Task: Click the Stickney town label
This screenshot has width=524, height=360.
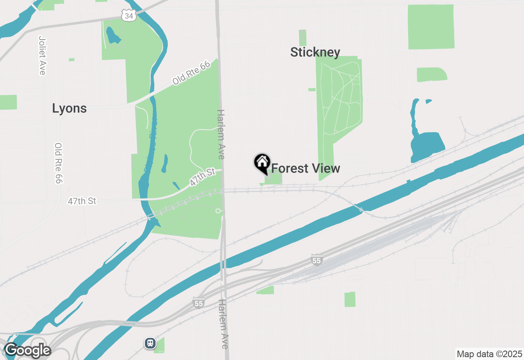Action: click(315, 52)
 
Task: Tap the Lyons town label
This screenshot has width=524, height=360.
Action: click(69, 108)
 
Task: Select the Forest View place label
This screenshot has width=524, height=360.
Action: click(305, 168)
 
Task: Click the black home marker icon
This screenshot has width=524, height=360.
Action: click(262, 162)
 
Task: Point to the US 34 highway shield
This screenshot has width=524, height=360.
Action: click(129, 16)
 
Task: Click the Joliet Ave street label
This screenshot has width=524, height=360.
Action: click(42, 55)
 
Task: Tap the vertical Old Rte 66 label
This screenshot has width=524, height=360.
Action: click(58, 163)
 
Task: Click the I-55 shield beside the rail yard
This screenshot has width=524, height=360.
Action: click(316, 260)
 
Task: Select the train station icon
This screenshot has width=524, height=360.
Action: click(150, 343)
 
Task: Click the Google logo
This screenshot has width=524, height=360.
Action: click(27, 351)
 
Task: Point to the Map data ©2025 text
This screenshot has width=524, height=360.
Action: click(489, 354)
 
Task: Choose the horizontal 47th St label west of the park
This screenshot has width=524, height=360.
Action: click(82, 201)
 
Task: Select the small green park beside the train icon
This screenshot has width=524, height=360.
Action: click(160, 345)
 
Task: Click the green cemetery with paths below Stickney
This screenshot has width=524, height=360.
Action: click(339, 106)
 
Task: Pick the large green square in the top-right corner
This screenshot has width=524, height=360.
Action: click(431, 27)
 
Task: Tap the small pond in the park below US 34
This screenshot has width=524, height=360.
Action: click(113, 37)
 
